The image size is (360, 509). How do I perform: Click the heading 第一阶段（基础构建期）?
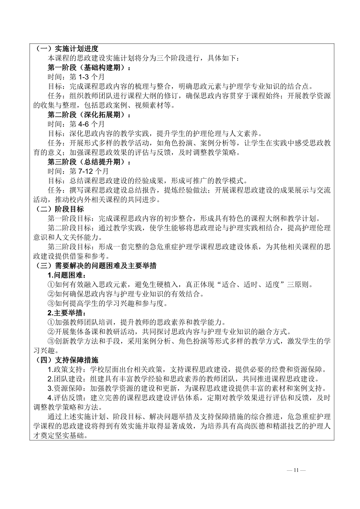pos(89,68)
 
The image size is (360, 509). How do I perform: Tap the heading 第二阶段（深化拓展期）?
pos(89,115)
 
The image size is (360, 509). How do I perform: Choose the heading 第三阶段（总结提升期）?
pos(89,162)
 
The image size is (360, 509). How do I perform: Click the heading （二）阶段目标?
pos(59,209)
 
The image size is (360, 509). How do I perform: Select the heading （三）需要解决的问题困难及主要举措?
pos(96,265)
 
